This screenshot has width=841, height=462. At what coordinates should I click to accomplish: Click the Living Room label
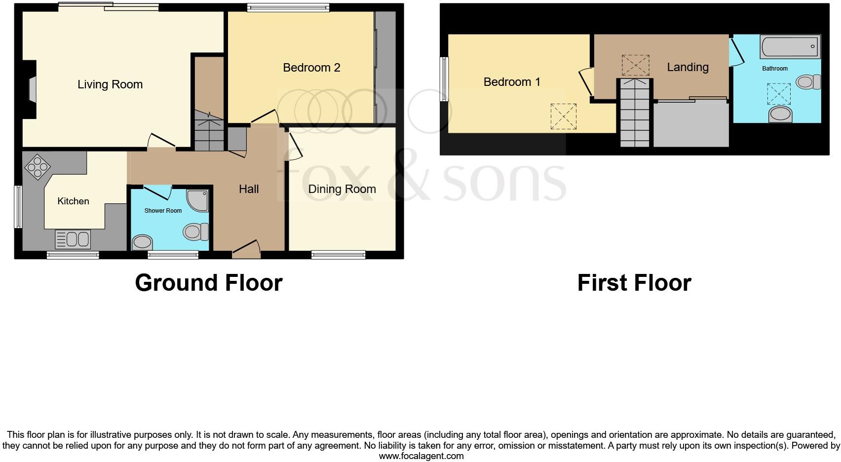(x=110, y=84)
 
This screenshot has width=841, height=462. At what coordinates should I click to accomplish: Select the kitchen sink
(x=73, y=239)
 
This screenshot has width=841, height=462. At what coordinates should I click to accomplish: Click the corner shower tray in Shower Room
(x=198, y=200)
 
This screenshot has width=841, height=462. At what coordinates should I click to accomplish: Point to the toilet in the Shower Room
(x=196, y=231)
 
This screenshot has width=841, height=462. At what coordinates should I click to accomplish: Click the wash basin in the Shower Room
(x=143, y=242)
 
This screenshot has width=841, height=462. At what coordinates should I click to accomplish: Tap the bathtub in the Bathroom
(x=790, y=47)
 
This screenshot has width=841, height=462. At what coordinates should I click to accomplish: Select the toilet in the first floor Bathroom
(x=808, y=82)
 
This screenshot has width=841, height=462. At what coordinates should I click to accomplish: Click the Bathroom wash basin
(x=780, y=114)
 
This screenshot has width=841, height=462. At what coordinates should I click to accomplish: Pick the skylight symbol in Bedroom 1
(x=563, y=116)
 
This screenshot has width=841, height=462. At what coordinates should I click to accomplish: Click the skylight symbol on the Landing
(x=635, y=65)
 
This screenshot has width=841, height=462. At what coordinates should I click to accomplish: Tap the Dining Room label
(x=342, y=189)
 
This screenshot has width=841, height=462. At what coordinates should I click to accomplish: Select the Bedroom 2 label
(x=311, y=68)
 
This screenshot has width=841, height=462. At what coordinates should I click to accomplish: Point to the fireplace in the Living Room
(x=31, y=90)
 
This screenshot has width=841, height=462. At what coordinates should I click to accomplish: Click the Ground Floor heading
(x=208, y=283)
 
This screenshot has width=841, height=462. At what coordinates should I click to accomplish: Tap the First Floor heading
(x=634, y=283)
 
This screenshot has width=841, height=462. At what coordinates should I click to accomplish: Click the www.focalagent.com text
(x=421, y=456)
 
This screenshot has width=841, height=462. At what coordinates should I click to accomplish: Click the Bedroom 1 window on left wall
(x=444, y=79)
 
